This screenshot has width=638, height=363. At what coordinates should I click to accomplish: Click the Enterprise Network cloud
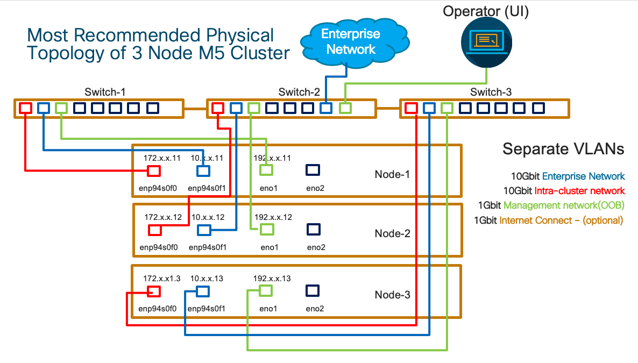tap(350, 42)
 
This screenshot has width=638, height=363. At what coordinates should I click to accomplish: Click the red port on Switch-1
tap(26, 108)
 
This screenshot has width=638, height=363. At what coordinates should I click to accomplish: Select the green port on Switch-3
tap(447, 108)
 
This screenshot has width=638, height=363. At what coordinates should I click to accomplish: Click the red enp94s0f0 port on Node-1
tap(154, 171)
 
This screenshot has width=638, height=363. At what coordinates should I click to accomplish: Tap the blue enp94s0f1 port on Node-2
tap(204, 230)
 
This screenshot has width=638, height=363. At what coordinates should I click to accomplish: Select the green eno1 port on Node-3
tap(266, 291)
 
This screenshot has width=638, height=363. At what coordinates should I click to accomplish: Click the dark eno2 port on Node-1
tap(313, 170)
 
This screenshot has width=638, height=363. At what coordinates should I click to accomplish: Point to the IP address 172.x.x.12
tap(162, 217)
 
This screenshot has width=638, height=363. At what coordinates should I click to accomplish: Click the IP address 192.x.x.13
tap(272, 279)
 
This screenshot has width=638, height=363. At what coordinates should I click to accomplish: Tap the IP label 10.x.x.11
tap(207, 158)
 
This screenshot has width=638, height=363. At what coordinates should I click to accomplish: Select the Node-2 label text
tap(392, 234)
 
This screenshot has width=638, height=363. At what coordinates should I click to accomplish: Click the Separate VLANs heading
tap(563, 149)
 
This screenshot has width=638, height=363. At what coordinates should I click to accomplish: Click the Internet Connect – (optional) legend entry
tap(561, 220)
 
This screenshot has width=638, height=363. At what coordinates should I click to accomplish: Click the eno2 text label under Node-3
tap(315, 308)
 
